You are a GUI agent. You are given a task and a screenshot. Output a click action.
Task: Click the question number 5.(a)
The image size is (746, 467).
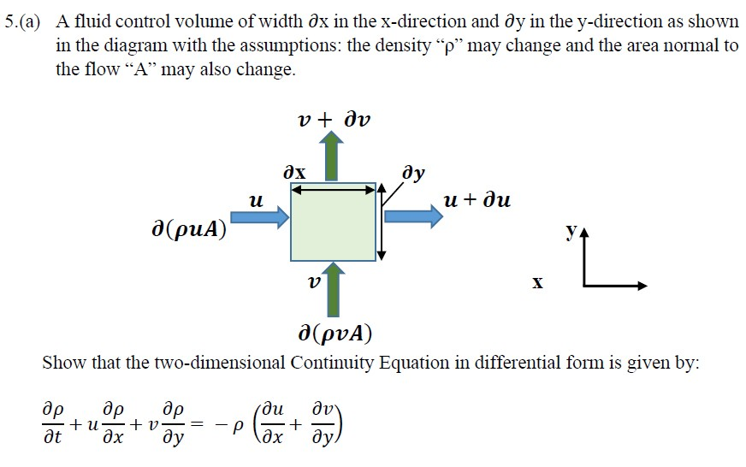pos(26,22)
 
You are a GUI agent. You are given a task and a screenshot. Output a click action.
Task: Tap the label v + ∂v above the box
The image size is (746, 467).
pos(335,118)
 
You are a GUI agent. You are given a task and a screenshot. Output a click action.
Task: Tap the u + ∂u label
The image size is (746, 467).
pos(477,201)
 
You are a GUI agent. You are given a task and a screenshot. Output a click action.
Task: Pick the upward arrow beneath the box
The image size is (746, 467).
pos(334,291)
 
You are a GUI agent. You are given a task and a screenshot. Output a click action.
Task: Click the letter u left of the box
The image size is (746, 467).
pos(253,200)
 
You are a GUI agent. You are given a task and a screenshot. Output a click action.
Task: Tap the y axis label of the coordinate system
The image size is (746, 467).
pos(570,230)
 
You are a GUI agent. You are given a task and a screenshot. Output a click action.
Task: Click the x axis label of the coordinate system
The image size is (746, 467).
pos(537,281)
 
